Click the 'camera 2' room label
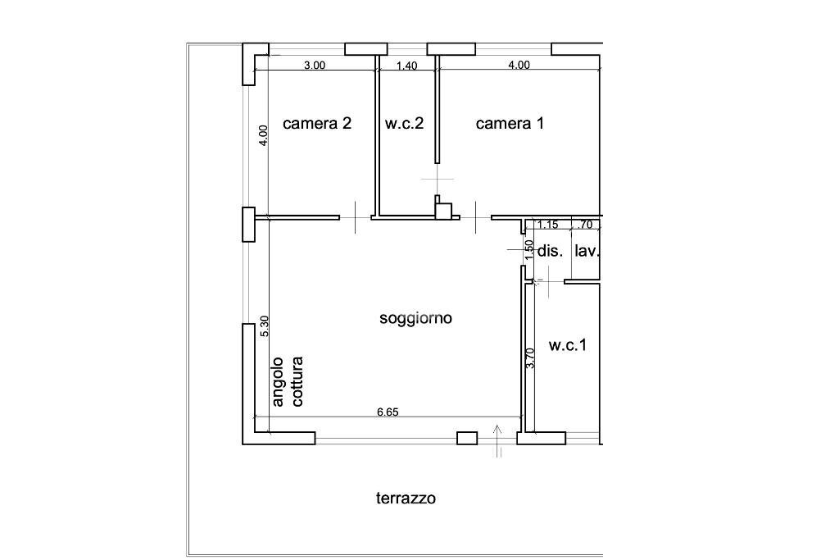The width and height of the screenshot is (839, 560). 317,124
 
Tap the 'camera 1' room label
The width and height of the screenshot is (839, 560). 510,124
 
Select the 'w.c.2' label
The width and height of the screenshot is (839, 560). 404,124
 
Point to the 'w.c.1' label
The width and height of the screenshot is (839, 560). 568,345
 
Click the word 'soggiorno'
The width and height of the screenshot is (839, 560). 416,318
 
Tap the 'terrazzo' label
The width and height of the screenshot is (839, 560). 406,498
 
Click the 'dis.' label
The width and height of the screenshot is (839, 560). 550,252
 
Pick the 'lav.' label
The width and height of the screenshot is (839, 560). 587,252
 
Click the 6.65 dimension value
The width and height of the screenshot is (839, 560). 388,412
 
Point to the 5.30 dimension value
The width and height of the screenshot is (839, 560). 264,327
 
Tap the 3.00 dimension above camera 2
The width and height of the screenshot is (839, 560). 315,66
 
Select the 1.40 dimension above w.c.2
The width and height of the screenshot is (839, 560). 407,66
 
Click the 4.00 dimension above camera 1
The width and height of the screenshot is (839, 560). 519,66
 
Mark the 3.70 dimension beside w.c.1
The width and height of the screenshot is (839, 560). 530,358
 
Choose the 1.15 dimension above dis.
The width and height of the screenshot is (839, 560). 547,224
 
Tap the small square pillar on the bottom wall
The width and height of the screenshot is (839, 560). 466,438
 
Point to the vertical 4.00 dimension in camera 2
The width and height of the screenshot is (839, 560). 263,135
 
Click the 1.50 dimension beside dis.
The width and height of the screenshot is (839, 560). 530,249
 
